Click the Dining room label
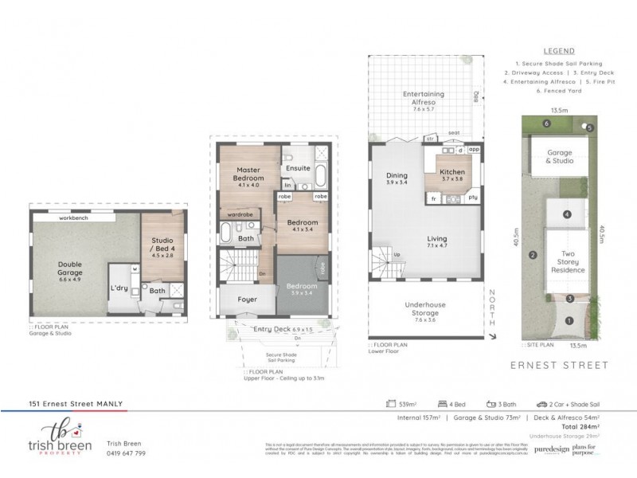[x=397, y=176]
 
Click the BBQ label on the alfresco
[x=475, y=97]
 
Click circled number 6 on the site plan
[x=545, y=123]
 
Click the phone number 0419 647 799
[x=126, y=453]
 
